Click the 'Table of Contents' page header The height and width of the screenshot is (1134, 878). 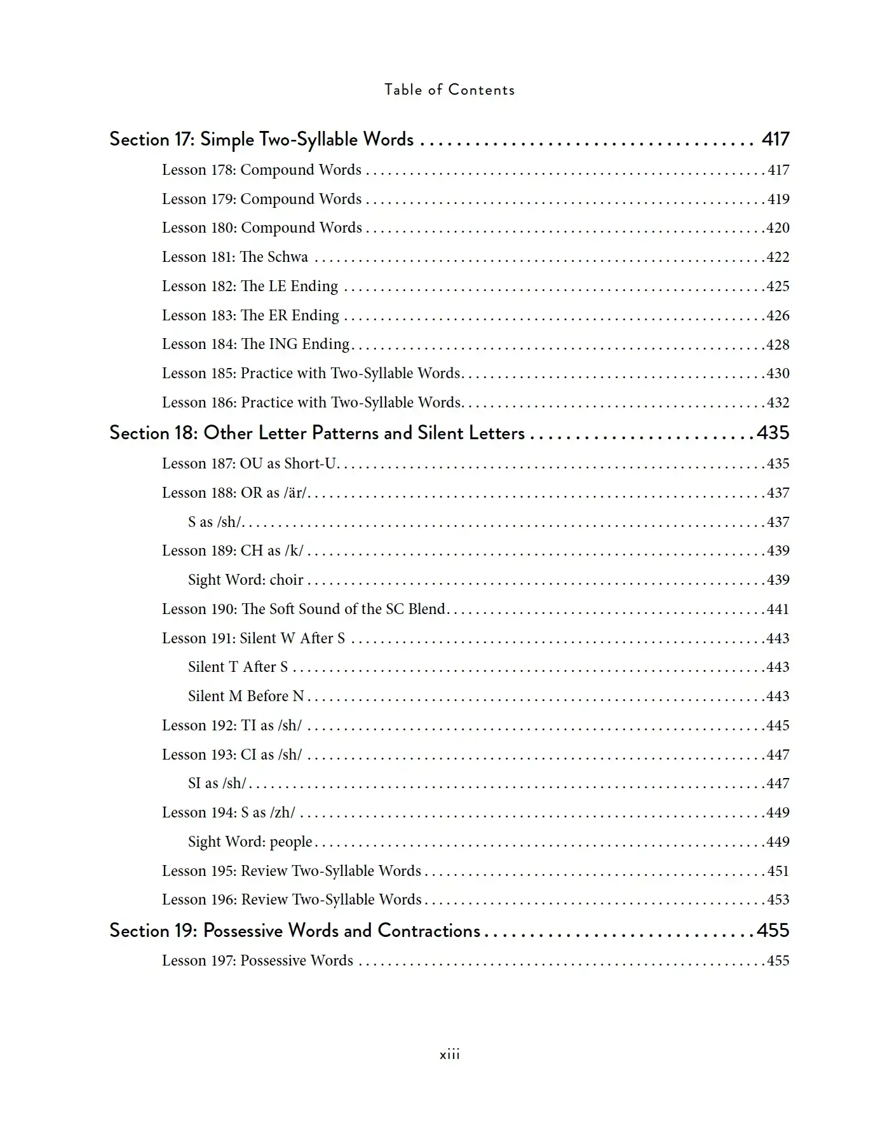[449, 90]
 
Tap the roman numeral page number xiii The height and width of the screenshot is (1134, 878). [449, 1055]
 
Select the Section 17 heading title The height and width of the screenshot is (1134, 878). [261, 139]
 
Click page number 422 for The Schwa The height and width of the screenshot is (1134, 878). [778, 257]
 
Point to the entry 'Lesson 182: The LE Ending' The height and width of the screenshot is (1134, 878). [250, 286]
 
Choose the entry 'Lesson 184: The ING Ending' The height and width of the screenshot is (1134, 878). [255, 344]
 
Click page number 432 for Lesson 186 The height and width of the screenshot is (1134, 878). [778, 402]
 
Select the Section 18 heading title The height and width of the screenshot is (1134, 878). [317, 433]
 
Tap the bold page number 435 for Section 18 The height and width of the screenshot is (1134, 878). [773, 433]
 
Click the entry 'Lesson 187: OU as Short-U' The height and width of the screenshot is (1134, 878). [249, 463]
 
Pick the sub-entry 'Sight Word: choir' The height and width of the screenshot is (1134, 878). [245, 580]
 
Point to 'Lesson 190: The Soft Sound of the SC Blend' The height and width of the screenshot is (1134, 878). [304, 609]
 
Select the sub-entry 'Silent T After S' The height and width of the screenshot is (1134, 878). [238, 667]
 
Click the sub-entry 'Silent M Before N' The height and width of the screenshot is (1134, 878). [246, 696]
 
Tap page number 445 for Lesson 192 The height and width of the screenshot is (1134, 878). [778, 725]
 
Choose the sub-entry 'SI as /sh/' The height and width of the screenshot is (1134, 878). [217, 783]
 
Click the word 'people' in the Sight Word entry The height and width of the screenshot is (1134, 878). [291, 842]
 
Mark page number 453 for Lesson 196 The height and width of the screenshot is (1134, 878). [778, 899]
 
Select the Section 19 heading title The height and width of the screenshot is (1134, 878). [295, 931]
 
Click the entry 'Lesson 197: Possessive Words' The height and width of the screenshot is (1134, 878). [257, 960]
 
